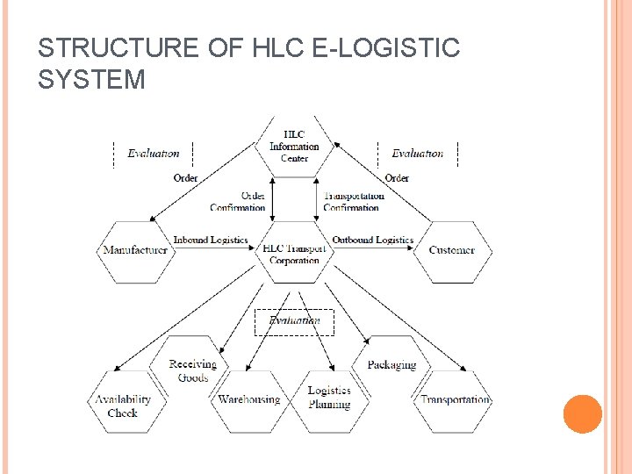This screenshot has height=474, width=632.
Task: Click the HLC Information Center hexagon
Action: point(294,146)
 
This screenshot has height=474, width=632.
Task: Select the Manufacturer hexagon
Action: point(134,251)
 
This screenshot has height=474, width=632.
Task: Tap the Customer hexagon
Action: point(452,251)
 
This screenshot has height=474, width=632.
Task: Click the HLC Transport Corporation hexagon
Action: point(294,254)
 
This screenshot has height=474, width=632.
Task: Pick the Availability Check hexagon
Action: point(123,405)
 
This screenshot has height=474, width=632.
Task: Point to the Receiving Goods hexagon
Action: point(193,370)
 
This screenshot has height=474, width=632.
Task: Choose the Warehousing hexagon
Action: point(248,400)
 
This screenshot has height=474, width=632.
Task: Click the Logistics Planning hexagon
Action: point(329,398)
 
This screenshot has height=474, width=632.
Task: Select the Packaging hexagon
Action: point(392,364)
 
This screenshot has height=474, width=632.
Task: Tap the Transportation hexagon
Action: point(454,400)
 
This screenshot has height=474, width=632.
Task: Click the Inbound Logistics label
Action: point(211,240)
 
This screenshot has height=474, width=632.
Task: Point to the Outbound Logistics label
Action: point(372,240)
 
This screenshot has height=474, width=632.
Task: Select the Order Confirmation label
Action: point(239,202)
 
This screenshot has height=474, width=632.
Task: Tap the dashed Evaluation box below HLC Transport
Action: point(294,322)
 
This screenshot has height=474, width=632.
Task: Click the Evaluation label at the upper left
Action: point(154,154)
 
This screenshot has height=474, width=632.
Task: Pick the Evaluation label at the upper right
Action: point(418,154)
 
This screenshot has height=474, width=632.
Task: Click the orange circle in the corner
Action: point(582,414)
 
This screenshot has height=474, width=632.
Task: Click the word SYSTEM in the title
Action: point(91,80)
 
